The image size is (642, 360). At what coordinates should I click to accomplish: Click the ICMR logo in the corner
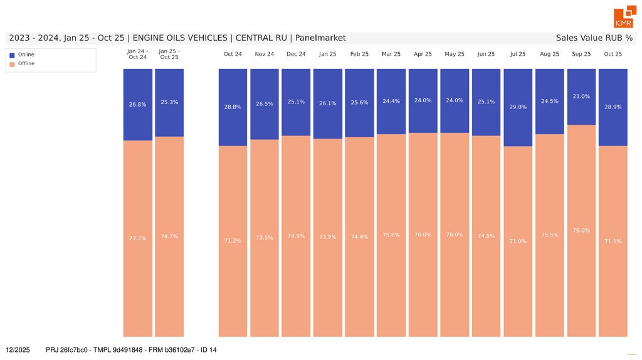623,18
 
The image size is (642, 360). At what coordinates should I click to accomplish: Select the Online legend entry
26,55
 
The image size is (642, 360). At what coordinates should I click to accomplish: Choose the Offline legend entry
26,63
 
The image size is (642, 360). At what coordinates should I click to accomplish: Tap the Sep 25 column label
581,54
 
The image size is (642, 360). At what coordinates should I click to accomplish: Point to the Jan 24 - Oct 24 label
137,54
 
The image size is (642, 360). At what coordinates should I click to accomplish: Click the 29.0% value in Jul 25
518,107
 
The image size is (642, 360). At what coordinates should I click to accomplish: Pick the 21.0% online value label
581,97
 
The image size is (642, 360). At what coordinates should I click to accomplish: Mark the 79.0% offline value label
581,231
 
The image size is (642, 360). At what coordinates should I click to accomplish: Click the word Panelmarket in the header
320,38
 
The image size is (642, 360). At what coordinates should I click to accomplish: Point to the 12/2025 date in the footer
18,349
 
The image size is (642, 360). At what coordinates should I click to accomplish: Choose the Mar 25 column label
391,54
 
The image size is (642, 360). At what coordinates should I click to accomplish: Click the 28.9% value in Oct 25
613,107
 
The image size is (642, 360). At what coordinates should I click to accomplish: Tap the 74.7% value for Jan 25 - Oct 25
169,236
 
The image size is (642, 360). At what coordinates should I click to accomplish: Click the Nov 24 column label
265,54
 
